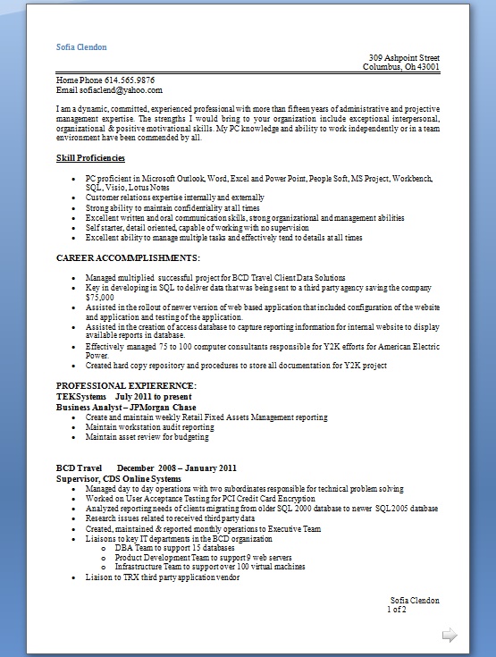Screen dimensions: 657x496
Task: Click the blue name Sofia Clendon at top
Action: click(x=81, y=46)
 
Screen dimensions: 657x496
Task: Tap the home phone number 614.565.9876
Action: click(x=130, y=80)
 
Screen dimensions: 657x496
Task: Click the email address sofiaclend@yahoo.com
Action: click(x=121, y=89)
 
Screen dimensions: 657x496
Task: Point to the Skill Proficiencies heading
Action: click(x=91, y=157)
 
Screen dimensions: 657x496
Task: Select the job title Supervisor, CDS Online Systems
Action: click(x=118, y=478)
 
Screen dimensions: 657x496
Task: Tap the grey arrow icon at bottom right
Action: click(x=450, y=636)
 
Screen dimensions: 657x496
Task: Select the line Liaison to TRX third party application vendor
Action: click(x=163, y=577)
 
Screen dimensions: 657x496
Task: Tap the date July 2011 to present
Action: click(x=153, y=395)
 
